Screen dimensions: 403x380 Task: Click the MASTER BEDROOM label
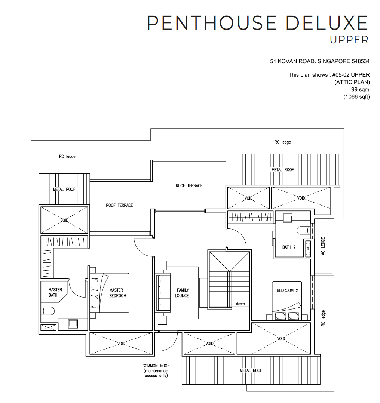pyautogui.click(x=118, y=293)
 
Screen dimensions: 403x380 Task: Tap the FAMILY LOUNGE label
pyautogui.click(x=182, y=293)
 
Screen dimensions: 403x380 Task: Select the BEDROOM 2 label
pyautogui.click(x=287, y=290)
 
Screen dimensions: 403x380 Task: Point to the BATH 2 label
pyautogui.click(x=289, y=247)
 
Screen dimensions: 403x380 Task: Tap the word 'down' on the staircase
pyautogui.click(x=240, y=304)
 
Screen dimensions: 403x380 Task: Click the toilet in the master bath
pyautogui.click(x=47, y=311)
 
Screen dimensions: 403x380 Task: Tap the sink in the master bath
pyautogui.click(x=73, y=323)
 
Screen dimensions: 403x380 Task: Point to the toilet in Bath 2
pyautogui.click(x=303, y=229)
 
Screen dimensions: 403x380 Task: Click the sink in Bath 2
pyautogui.click(x=288, y=218)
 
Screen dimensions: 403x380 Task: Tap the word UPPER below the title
pyautogui.click(x=349, y=40)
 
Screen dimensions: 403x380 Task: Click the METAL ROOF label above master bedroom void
pyautogui.click(x=64, y=189)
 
